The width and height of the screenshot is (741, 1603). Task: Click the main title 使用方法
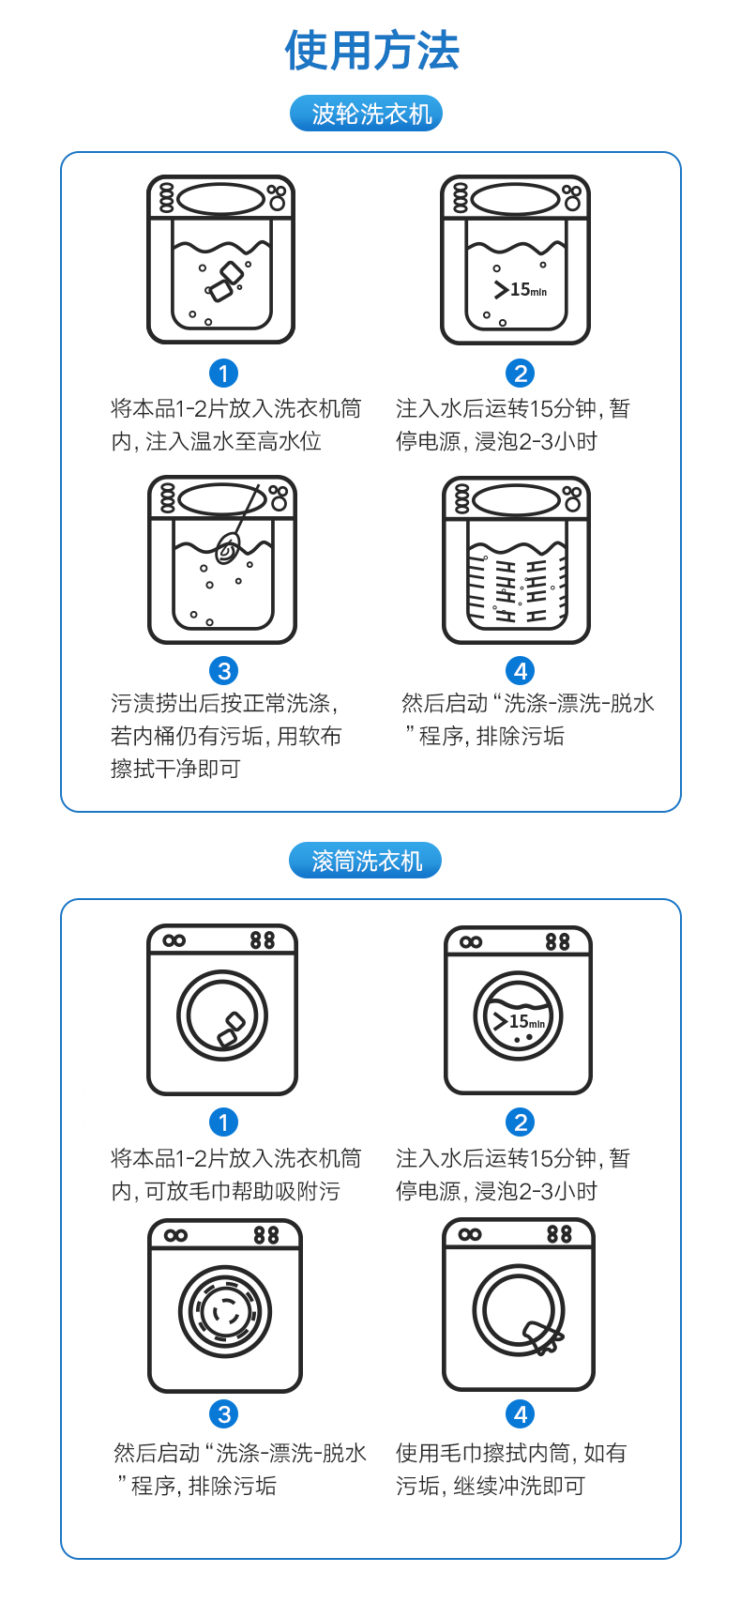[x=371, y=51]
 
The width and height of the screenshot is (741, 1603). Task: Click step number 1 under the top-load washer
[x=223, y=374]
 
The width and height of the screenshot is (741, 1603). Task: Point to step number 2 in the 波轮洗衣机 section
[x=520, y=374]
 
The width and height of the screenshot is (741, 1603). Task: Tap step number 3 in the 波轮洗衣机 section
[x=223, y=671]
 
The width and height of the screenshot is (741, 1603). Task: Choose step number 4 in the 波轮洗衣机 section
[x=520, y=671]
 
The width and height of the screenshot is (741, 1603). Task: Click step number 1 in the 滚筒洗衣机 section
[x=223, y=1122]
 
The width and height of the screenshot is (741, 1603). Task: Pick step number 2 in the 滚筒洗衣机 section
[x=520, y=1122]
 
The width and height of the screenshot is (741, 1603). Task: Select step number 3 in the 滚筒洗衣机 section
[x=223, y=1414]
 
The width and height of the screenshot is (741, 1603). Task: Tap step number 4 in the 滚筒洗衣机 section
[x=520, y=1414]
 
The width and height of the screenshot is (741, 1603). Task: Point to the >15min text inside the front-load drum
[x=519, y=1021]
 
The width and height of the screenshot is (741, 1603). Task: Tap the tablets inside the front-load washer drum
[x=230, y=1030]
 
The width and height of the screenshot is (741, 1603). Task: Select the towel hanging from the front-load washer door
[x=542, y=1337]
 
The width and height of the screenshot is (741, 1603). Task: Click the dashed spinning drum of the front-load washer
[x=225, y=1312]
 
